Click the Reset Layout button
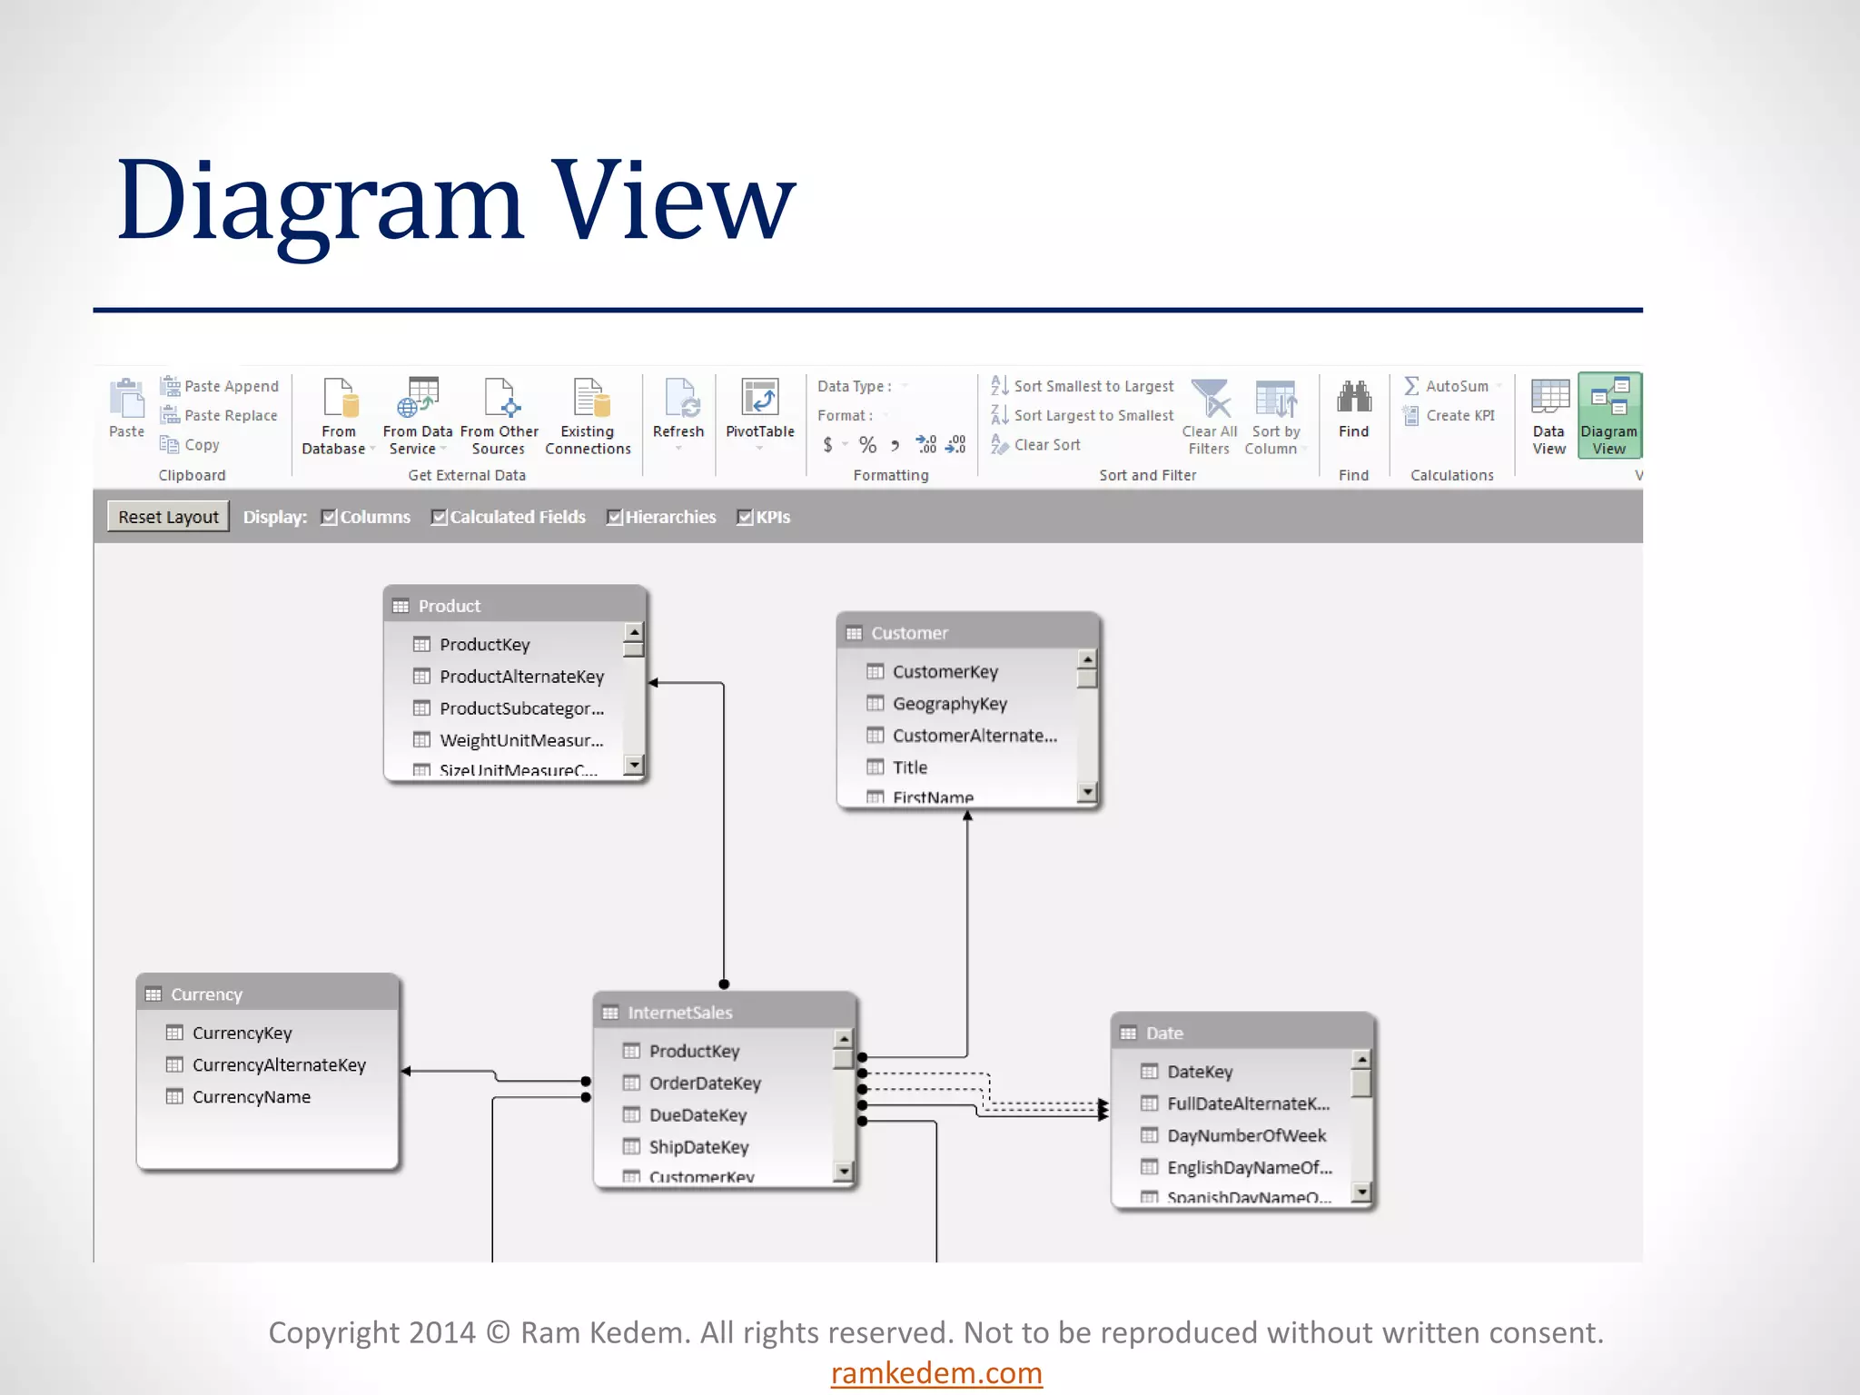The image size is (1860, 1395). [x=168, y=517]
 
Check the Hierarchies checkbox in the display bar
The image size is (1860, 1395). [x=615, y=518]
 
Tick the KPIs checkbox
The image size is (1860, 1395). [x=745, y=518]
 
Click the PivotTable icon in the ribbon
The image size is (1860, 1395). [x=759, y=399]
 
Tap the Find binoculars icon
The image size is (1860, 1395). [x=1353, y=399]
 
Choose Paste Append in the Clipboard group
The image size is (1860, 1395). [x=220, y=386]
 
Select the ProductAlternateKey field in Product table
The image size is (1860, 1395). [x=521, y=677]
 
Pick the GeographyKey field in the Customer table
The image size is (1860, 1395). [x=949, y=704]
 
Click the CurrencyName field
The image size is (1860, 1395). [x=251, y=1097]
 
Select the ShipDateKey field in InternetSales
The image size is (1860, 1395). [x=698, y=1147]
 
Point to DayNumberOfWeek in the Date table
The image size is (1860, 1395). [x=1246, y=1136]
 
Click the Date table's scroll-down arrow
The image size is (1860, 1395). [x=1360, y=1192]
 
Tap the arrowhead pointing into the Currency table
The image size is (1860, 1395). [x=406, y=1072]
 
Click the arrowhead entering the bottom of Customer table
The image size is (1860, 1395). [x=967, y=816]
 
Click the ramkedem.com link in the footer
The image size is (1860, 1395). [x=936, y=1373]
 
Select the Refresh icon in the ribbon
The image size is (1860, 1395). [x=678, y=399]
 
